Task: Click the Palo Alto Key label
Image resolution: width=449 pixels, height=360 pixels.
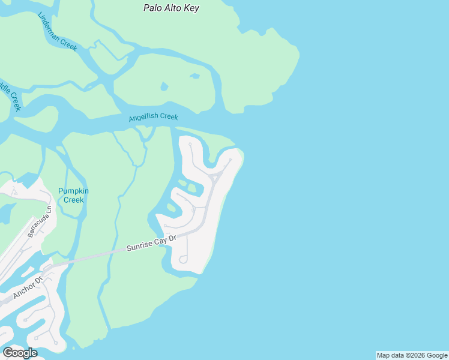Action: click(x=171, y=8)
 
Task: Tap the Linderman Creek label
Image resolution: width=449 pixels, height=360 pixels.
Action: click(x=57, y=31)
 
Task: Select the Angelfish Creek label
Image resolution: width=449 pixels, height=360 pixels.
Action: click(x=153, y=117)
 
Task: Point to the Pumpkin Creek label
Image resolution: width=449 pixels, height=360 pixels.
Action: click(x=73, y=195)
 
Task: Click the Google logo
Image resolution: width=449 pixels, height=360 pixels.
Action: click(x=20, y=353)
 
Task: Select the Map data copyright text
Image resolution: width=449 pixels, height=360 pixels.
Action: click(x=412, y=355)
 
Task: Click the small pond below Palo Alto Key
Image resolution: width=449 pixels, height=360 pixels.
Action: click(x=164, y=86)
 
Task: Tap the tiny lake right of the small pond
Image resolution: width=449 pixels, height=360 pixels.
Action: click(x=194, y=76)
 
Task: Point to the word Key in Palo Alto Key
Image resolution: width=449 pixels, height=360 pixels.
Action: click(x=191, y=8)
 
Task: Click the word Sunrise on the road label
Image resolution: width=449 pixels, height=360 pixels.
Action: click(x=137, y=246)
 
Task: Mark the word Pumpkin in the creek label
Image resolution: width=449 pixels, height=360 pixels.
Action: click(x=73, y=191)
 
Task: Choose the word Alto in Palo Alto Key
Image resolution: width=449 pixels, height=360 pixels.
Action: click(x=172, y=8)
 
